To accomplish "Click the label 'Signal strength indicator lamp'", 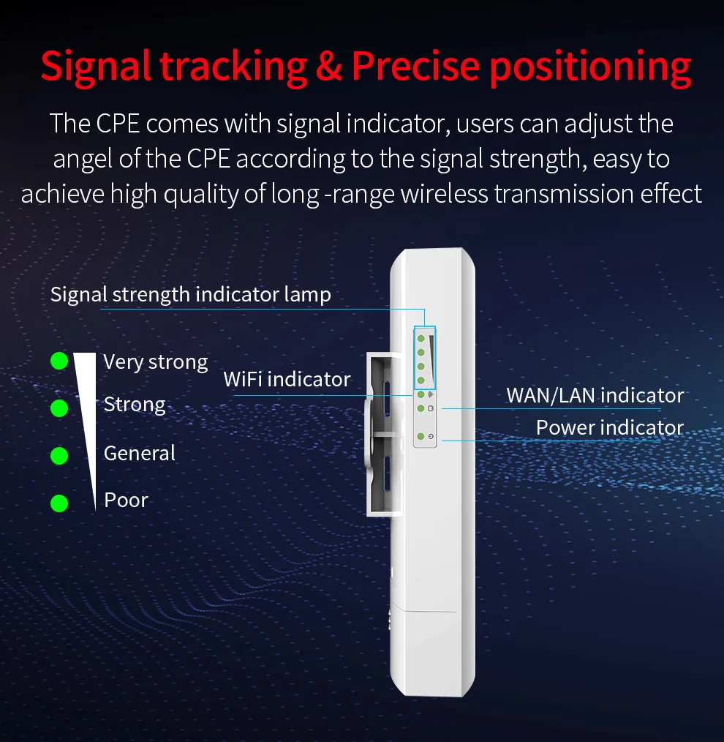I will pos(191,295).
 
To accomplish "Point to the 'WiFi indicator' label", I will pos(287,379).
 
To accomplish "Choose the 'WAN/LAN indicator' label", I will pos(595,396).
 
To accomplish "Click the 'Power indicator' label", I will pos(610,427).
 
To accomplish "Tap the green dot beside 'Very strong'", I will pos(59,361).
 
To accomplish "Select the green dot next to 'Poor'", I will pos(59,503).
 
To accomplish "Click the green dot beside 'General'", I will pos(59,456).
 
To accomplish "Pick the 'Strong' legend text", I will pos(135,405).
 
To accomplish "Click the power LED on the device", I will pos(421,437).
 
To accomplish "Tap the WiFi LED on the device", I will pos(421,395).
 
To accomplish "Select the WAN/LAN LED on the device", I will pos(421,408).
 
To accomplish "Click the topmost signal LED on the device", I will pos(421,339).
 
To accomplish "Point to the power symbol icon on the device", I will pos(431,438).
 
